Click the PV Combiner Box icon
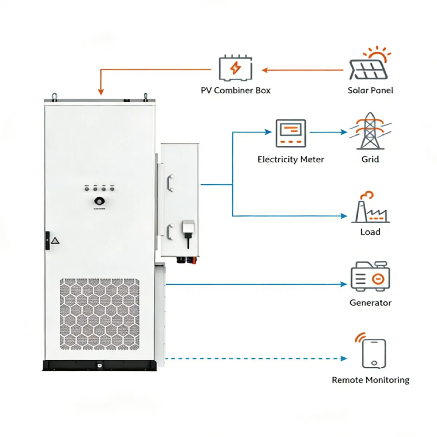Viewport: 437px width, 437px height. [x=236, y=68]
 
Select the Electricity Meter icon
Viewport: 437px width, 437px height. [x=291, y=133]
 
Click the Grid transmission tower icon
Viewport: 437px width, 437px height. [x=370, y=131]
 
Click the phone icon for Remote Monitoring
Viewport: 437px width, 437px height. [x=374, y=353]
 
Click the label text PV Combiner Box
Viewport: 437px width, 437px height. [x=236, y=90]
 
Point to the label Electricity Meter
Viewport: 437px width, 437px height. [x=291, y=160]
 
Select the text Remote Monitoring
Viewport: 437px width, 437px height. [x=370, y=380]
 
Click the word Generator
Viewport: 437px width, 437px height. [x=370, y=303]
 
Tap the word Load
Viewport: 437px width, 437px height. [x=370, y=232]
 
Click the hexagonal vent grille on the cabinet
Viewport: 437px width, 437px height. [x=99, y=314]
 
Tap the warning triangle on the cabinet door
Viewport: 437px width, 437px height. [x=55, y=241]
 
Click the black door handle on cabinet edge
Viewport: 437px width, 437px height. [x=47, y=240]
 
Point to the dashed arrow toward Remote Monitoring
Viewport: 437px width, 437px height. [x=255, y=359]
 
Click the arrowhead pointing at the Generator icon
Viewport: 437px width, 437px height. [x=343, y=284]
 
